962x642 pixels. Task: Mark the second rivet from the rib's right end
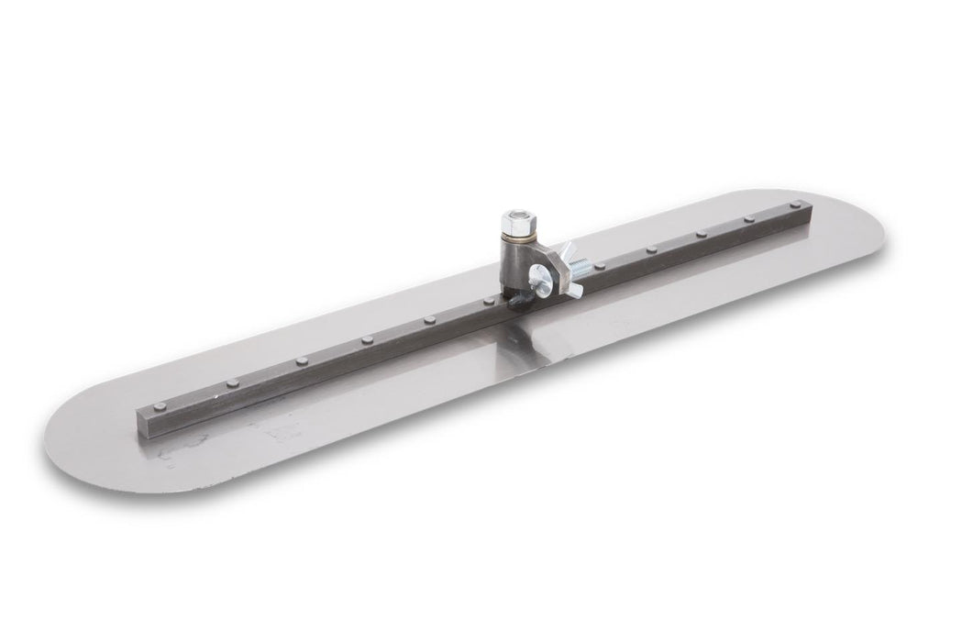coord(749,220)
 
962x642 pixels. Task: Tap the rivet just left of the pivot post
coord(487,301)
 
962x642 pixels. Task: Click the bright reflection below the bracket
coord(532,344)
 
